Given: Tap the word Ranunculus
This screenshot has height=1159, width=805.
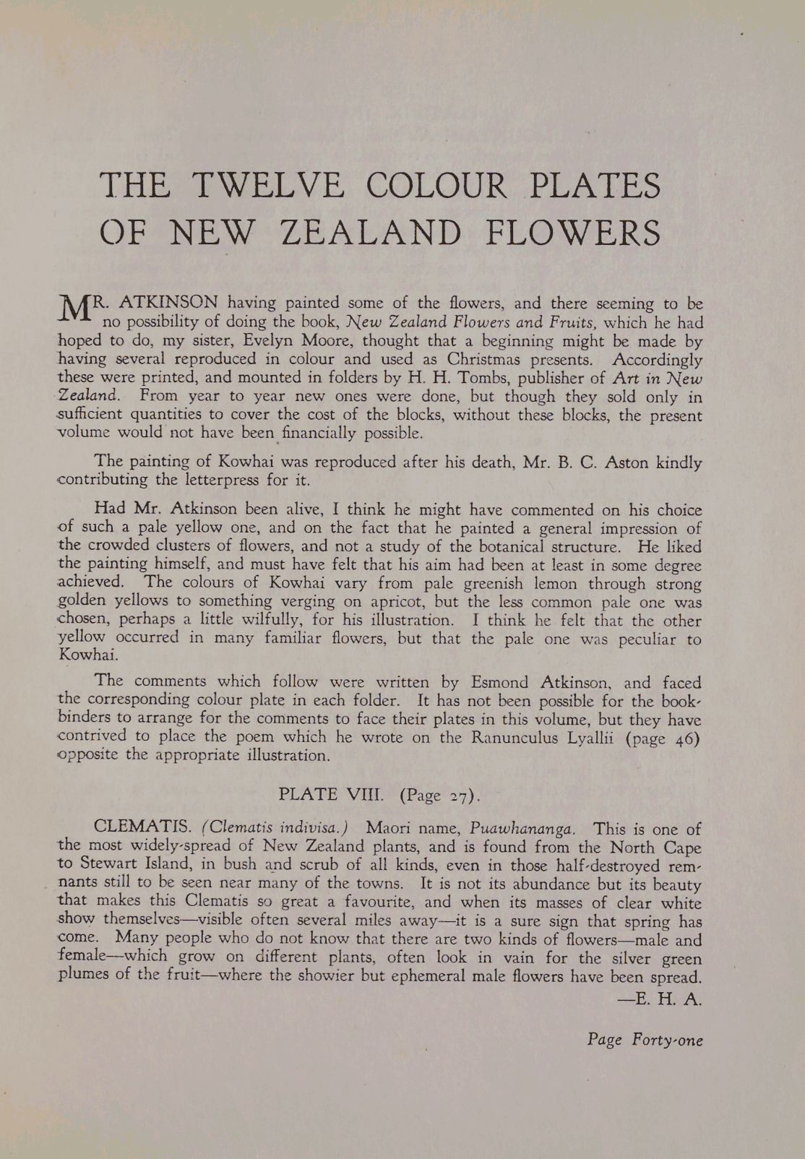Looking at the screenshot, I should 514,737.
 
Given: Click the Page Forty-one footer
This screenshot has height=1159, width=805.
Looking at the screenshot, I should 645,1040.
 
